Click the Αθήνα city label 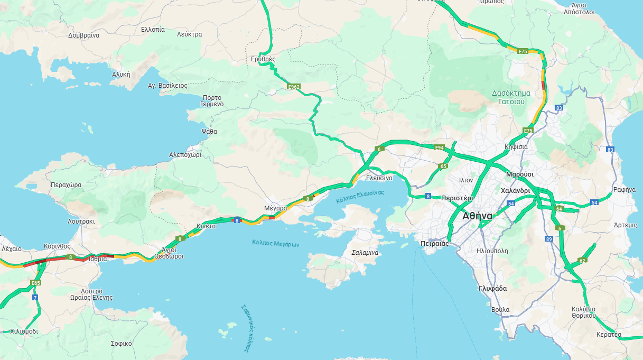477,216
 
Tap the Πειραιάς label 435,244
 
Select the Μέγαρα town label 275,208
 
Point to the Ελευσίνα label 379,178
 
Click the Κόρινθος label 58,246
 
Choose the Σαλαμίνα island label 365,253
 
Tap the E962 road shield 294,86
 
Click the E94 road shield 440,147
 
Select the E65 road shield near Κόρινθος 35,283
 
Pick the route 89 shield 549,239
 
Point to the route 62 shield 582,260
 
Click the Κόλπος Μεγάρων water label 276,244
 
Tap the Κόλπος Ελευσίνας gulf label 360,197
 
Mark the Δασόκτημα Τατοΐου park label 508,97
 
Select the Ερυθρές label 263,59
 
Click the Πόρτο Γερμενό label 212,101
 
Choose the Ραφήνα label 624,190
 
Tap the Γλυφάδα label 492,289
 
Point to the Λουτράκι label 81,221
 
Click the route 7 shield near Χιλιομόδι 35,298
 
